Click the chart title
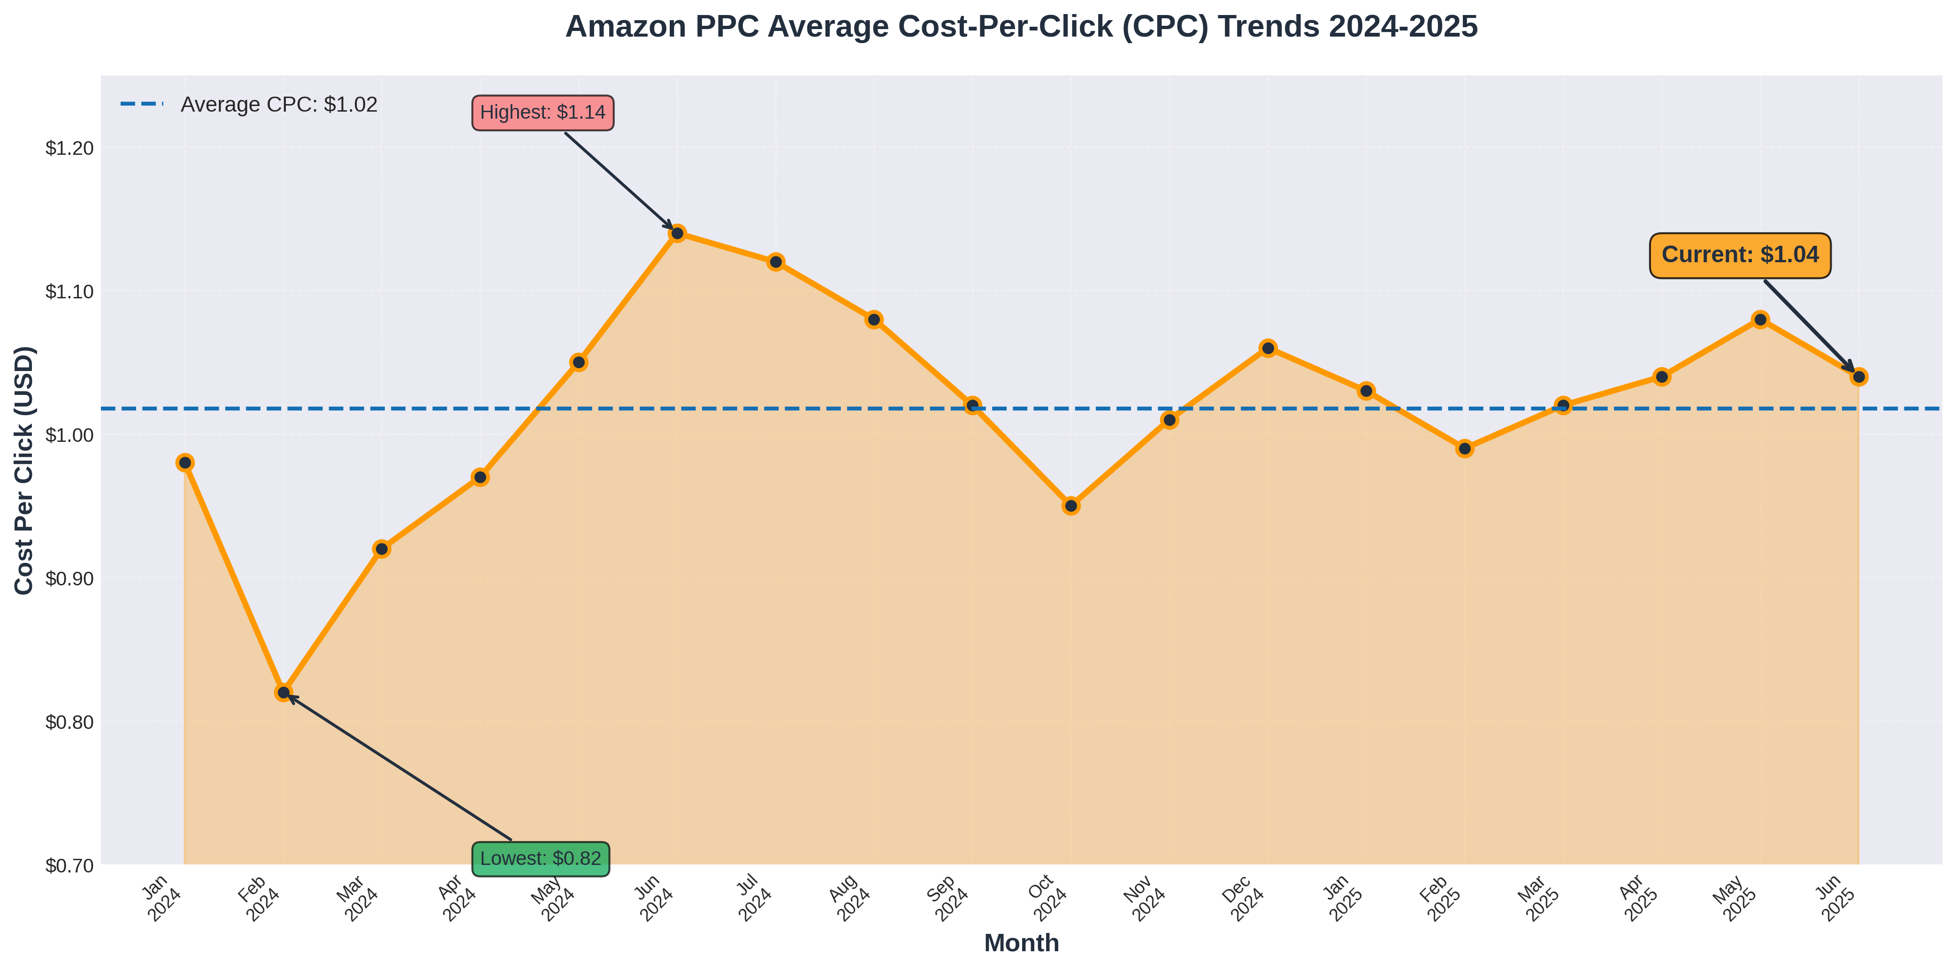coord(1021,27)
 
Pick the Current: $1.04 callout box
coord(1740,255)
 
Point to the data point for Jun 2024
coord(677,233)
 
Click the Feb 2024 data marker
coord(283,692)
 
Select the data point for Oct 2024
coord(1070,506)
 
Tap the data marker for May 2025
coord(1760,319)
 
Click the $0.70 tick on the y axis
coord(70,865)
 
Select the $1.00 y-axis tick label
coord(70,435)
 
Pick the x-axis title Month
coord(1021,943)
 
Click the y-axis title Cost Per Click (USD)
coord(24,470)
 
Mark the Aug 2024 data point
coord(874,319)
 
